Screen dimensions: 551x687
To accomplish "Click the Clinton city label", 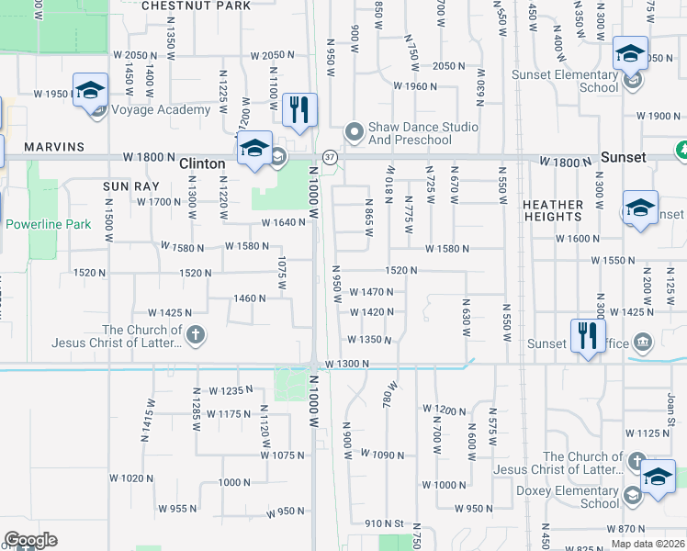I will [202, 163].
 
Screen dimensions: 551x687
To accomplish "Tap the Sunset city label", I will [624, 157].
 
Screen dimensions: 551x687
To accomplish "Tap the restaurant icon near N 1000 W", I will [299, 111].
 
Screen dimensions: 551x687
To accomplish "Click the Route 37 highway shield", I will [330, 157].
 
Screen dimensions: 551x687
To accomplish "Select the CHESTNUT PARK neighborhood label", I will [197, 6].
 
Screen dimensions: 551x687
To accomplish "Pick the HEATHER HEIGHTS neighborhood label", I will [552, 210].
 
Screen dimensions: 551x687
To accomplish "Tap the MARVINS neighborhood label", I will [54, 147].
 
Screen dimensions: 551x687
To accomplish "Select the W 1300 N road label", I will [347, 365].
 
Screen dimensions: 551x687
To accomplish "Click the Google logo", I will [30, 540].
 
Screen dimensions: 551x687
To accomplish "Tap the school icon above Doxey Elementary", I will [658, 478].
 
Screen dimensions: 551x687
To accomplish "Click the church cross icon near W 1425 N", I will [195, 336].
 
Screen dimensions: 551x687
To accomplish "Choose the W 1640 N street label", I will [282, 222].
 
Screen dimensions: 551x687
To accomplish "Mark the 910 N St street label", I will [383, 523].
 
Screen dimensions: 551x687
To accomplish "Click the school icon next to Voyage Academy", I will [91, 91].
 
